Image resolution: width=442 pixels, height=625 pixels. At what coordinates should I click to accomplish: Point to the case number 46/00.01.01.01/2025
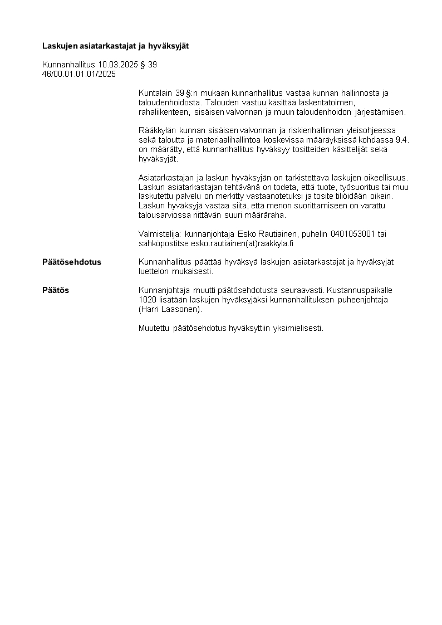(x=78, y=74)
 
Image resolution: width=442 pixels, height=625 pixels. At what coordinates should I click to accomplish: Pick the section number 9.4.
(x=402, y=140)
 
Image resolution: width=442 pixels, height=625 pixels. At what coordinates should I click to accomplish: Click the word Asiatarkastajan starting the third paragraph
(x=165, y=178)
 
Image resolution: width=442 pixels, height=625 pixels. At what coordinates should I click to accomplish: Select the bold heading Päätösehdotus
(x=72, y=262)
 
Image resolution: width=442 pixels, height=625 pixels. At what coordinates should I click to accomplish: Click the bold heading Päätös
(x=56, y=290)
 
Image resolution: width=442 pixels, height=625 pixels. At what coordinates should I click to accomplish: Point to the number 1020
(x=147, y=300)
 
